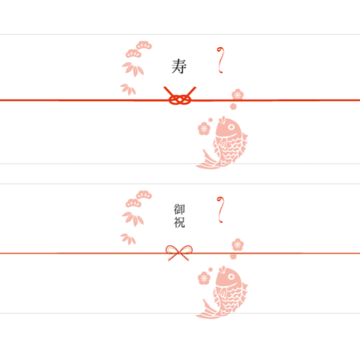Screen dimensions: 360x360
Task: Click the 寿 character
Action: [179, 66]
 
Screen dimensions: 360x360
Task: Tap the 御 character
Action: [179, 209]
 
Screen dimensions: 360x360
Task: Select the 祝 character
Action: [179, 223]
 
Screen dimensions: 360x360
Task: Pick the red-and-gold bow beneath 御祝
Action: [179, 253]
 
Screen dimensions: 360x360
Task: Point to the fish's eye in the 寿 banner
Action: [231, 127]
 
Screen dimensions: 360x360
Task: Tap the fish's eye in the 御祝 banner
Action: [231, 276]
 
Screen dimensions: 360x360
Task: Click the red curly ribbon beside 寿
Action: [220, 60]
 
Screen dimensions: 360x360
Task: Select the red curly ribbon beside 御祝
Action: [220, 209]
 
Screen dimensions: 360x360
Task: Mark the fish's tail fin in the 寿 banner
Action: [207, 162]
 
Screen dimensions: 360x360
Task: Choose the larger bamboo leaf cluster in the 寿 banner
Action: [133, 69]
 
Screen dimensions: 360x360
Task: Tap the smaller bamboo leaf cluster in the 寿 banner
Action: [128, 89]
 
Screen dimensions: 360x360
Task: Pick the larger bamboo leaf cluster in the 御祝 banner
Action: [133, 219]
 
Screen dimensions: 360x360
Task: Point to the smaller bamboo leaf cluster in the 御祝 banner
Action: [128, 239]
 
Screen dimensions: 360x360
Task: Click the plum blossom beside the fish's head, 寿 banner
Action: [204, 128]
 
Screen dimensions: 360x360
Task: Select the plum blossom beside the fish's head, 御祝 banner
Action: [204, 278]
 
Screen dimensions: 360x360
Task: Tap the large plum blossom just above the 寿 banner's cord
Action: [238, 95]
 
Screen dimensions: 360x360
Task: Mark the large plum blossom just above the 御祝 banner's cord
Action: [238, 245]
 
